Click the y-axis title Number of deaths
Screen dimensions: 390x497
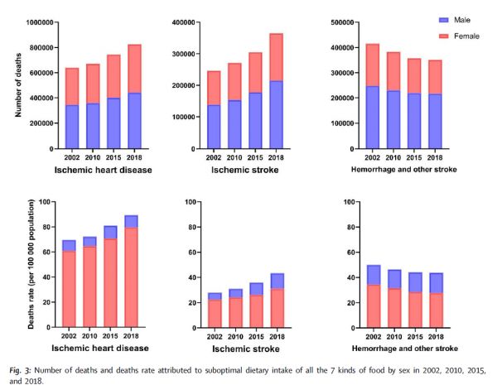pyautogui.click(x=12, y=85)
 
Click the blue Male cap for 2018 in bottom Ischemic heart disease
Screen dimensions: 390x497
pyautogui.click(x=132, y=221)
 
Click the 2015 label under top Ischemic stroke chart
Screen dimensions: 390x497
pyautogui.click(x=255, y=156)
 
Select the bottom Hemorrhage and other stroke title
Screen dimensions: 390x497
pyautogui.click(x=405, y=347)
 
